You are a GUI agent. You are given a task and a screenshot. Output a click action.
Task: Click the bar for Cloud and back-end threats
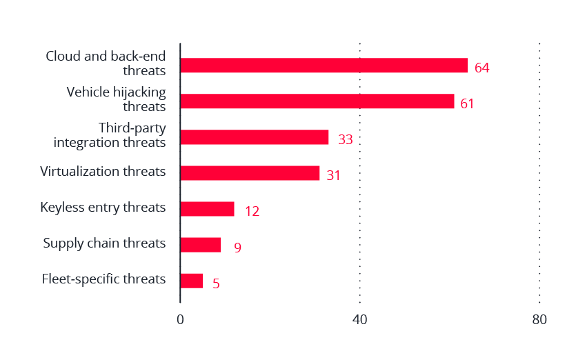coord(324,66)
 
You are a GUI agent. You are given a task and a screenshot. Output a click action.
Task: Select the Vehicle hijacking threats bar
coord(317,101)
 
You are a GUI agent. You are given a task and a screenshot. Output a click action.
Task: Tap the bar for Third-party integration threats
coord(254,137)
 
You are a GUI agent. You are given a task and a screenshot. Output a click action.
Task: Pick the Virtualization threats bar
coord(250,173)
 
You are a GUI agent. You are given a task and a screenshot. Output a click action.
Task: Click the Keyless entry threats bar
coord(207,209)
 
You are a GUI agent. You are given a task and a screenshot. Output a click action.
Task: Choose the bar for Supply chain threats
coord(200,245)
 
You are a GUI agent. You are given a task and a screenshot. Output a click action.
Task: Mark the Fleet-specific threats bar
coord(191,281)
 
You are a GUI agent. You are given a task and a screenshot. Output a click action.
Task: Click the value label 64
coord(481,68)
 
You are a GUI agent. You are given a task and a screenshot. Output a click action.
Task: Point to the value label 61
coord(468,104)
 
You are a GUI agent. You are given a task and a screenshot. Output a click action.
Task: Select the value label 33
coord(346,140)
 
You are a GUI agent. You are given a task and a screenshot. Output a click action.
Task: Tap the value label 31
coord(334,176)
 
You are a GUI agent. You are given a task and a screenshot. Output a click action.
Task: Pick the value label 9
coord(237,248)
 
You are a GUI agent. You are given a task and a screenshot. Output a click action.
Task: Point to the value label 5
coord(216,283)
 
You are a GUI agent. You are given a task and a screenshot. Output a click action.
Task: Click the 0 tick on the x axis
coord(180,320)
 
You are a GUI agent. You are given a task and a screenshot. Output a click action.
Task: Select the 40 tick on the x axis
coord(359,320)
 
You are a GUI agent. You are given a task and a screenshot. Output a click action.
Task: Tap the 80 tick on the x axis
coord(539,320)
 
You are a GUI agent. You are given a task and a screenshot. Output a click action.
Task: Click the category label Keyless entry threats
coord(103,207)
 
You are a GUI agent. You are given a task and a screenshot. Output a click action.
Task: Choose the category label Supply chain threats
coord(104,243)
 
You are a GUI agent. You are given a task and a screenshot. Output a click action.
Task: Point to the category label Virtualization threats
coord(103,171)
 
